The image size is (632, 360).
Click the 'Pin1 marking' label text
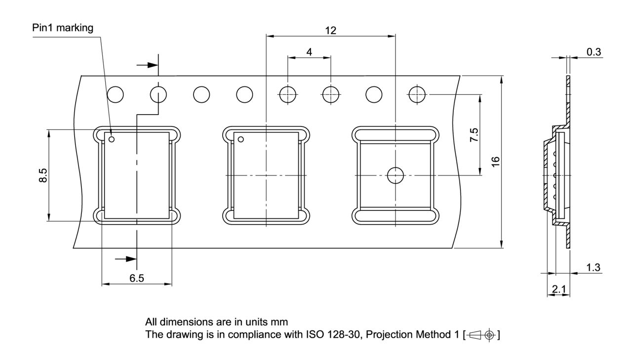point(63,28)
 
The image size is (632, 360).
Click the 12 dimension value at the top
point(330,31)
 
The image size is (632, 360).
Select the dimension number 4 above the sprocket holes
point(309,52)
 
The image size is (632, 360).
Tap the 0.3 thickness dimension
point(593,52)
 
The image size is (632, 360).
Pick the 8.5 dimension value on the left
point(43,175)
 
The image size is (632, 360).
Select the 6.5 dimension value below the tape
point(137,278)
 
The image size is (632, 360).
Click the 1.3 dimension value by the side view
point(593,268)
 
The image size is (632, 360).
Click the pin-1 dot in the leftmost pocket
point(112,139)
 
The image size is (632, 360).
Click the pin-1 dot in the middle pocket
point(241,139)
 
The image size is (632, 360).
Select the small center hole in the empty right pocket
point(395,175)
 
